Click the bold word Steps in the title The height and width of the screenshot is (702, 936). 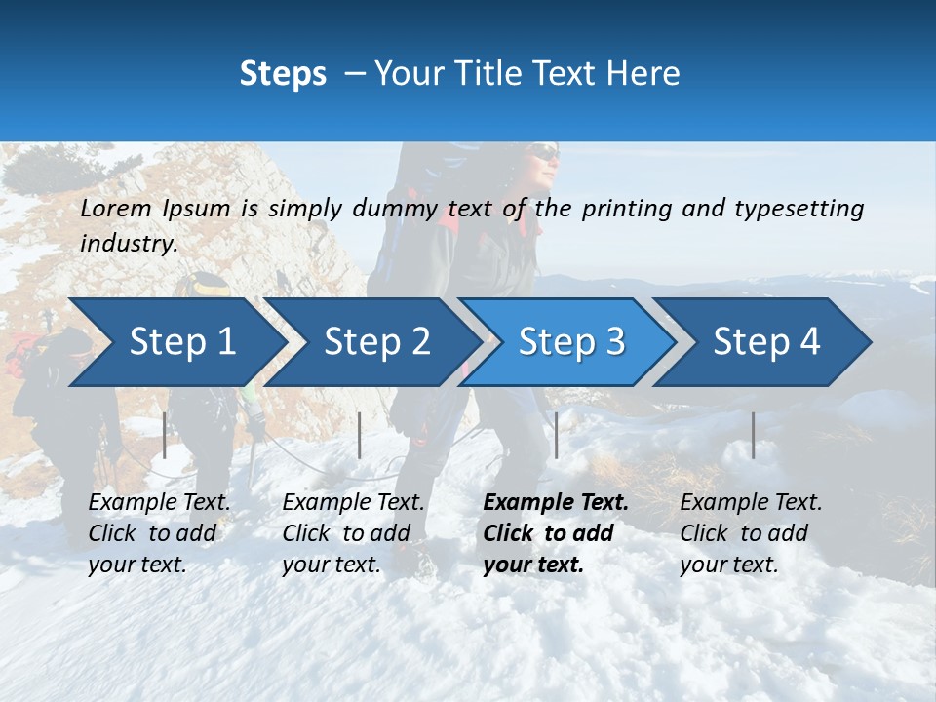283,74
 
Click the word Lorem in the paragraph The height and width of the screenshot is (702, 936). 116,208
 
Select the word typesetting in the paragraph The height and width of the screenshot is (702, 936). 799,209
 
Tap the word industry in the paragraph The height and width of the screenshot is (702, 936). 128,243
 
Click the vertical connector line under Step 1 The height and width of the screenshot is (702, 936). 165,435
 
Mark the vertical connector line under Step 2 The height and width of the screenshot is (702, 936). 360,435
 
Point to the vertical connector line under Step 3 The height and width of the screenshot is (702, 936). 556,435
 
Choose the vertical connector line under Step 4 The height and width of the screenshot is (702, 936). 753,435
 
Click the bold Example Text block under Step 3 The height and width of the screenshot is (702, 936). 555,533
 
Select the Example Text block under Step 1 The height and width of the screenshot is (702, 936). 159,533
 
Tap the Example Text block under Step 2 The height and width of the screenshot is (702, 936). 353,533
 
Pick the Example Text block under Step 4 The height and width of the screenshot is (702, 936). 751,533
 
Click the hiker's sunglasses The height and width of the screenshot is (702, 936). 545,154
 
